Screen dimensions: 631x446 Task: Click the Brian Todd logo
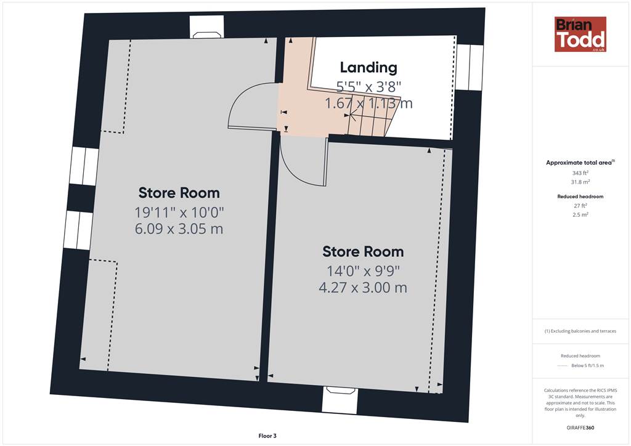pyautogui.click(x=580, y=34)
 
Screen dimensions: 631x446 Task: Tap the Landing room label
pyautogui.click(x=368, y=68)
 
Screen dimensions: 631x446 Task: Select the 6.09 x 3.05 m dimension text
pyautogui.click(x=179, y=229)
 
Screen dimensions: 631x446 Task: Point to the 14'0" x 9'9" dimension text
pyautogui.click(x=363, y=270)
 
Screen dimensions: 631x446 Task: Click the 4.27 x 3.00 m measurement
pyautogui.click(x=363, y=288)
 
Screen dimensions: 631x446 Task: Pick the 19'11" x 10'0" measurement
pyautogui.click(x=179, y=212)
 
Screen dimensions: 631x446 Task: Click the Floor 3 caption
pyautogui.click(x=267, y=436)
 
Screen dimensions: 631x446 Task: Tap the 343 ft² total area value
pyautogui.click(x=580, y=173)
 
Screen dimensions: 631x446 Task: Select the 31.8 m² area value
pyautogui.click(x=580, y=182)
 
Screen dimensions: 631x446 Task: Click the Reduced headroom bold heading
pyautogui.click(x=580, y=197)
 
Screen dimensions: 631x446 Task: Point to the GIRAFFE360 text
pyautogui.click(x=580, y=428)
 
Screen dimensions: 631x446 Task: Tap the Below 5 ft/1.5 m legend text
pyautogui.click(x=587, y=365)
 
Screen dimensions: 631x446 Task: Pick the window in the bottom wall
pyautogui.click(x=340, y=400)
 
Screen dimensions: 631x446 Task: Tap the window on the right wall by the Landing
pyautogui.click(x=470, y=67)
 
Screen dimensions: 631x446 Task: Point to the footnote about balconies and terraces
pyautogui.click(x=580, y=331)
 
